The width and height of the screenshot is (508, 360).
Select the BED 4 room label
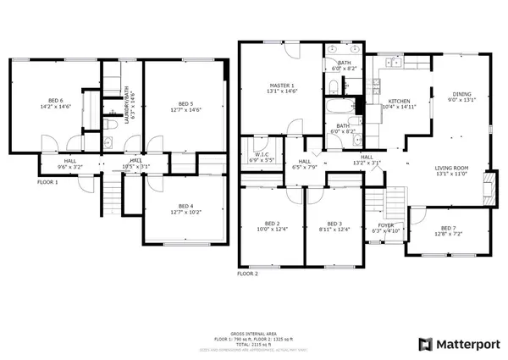[x=185, y=206]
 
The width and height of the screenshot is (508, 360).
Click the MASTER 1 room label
[x=281, y=86]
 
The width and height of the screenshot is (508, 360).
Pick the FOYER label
[x=385, y=224]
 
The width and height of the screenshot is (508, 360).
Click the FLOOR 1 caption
[x=23, y=180]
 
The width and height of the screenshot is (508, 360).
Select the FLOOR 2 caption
[x=247, y=274]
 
